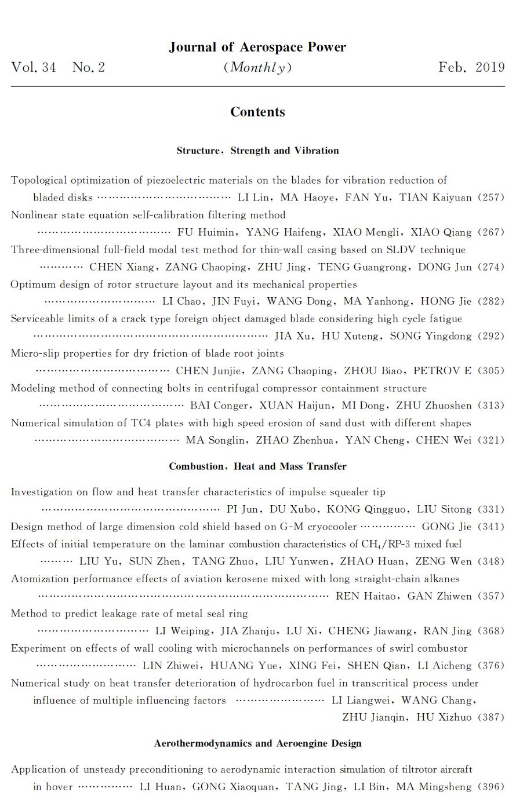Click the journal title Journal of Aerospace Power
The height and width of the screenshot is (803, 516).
pyautogui.click(x=257, y=48)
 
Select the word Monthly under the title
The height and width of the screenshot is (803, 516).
pyautogui.click(x=257, y=67)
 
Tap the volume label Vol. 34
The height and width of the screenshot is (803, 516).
pyautogui.click(x=34, y=67)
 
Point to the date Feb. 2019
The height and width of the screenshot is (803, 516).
pyautogui.click(x=471, y=67)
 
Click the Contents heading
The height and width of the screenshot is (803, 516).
pyautogui.click(x=257, y=112)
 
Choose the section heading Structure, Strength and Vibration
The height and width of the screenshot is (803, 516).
pyautogui.click(x=257, y=151)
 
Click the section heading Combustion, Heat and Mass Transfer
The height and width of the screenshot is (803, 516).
pyautogui.click(x=257, y=466)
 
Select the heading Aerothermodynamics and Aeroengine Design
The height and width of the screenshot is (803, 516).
pyautogui.click(x=257, y=743)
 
